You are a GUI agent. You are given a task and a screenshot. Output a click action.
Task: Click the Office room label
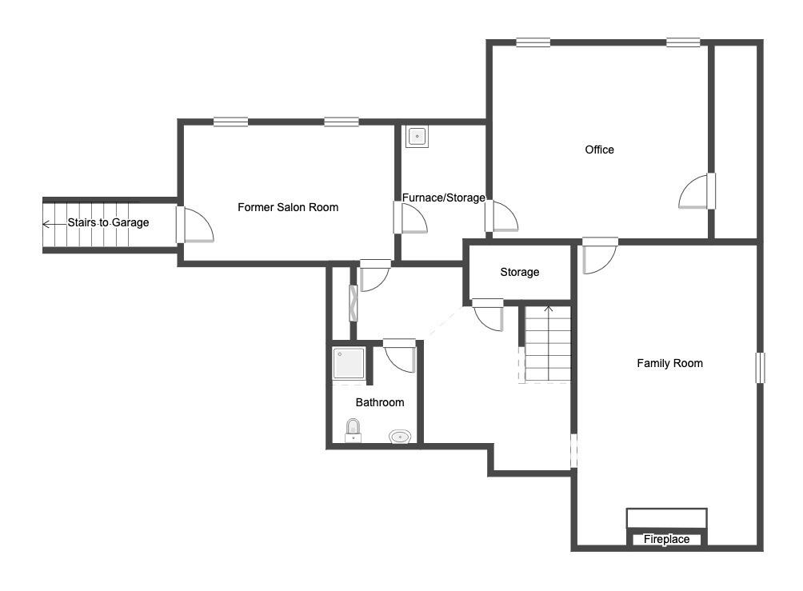coord(599,150)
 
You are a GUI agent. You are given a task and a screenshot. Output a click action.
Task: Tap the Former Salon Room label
coord(288,207)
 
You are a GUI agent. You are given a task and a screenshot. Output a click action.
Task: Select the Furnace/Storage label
coord(444,198)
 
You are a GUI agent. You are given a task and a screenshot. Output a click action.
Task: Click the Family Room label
coord(670,363)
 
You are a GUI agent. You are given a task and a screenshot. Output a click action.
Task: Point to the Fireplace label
coord(666,539)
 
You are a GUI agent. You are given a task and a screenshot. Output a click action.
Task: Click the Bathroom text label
coord(380,402)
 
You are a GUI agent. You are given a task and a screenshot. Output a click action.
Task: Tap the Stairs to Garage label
coord(108,222)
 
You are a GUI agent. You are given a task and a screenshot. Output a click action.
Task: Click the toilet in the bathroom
coord(353,430)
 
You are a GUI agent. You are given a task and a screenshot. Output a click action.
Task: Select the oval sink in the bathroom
coord(400,437)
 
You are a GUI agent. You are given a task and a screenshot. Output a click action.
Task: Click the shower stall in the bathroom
coord(349,364)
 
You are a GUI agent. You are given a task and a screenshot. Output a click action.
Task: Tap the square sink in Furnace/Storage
coord(417,137)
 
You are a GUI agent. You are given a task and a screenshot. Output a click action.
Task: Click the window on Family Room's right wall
coord(761,367)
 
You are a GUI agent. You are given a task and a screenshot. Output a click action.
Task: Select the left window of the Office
coord(533,42)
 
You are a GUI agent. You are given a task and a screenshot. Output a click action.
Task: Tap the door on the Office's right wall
coord(697,191)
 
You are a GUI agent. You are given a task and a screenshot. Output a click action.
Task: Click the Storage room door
coord(488,314)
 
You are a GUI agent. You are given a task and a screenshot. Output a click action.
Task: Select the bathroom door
coord(399,355)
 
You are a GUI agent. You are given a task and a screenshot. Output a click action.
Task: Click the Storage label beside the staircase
coord(520,272)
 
